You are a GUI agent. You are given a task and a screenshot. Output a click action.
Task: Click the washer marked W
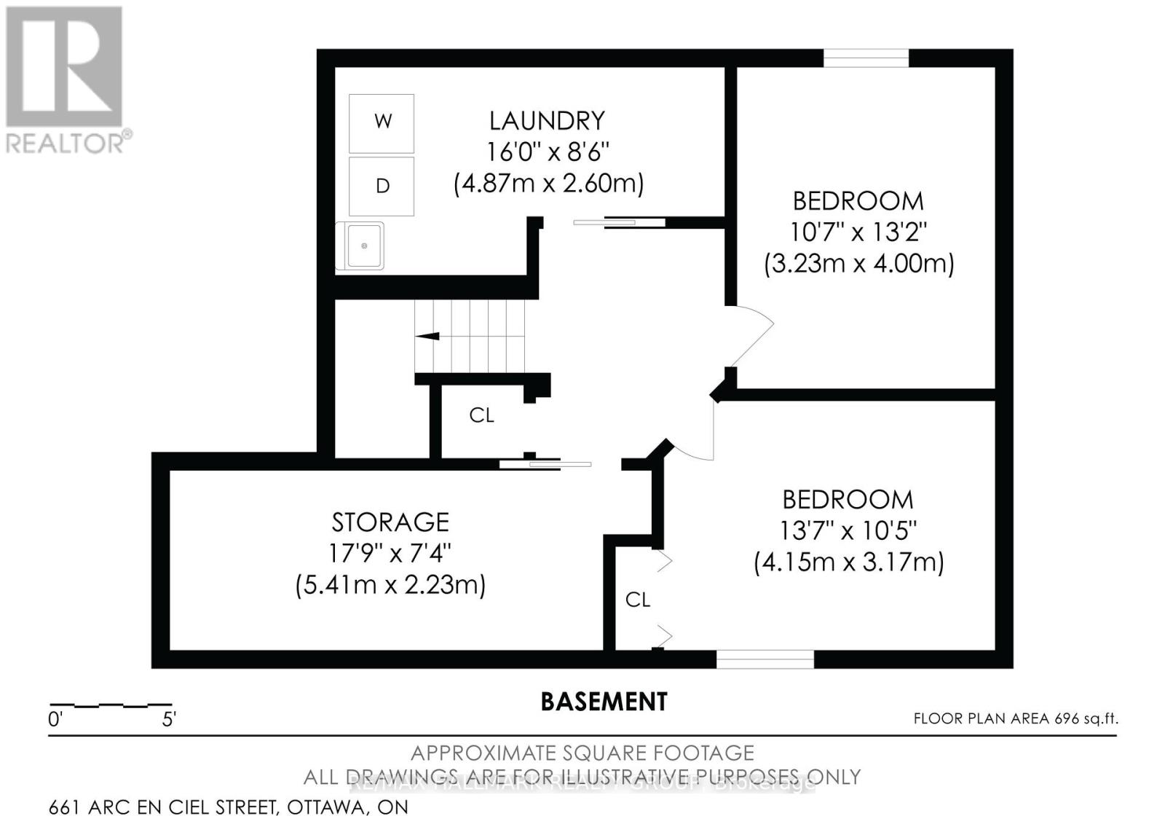pyautogui.click(x=382, y=122)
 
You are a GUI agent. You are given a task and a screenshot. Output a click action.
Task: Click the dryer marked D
pyautogui.click(x=382, y=186)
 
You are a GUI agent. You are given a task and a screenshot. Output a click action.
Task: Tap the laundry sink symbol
pyautogui.click(x=362, y=246)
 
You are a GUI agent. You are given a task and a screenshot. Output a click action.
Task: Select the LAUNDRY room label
pyautogui.click(x=547, y=120)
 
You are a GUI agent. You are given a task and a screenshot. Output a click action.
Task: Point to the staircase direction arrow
pyautogui.click(x=427, y=336)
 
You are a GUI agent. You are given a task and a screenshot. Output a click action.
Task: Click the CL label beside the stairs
pyautogui.click(x=481, y=415)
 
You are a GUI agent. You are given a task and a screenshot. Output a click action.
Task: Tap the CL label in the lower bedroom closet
pyautogui.click(x=637, y=600)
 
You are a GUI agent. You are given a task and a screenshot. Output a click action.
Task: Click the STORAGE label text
pyautogui.click(x=390, y=522)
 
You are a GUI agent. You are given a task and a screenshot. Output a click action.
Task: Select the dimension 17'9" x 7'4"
pyautogui.click(x=390, y=554)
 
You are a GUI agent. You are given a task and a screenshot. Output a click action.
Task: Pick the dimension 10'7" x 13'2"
pyautogui.click(x=858, y=232)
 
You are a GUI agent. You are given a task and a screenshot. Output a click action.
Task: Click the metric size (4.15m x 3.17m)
pyautogui.click(x=848, y=562)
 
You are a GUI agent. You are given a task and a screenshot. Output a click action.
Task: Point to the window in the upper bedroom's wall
pyautogui.click(x=866, y=58)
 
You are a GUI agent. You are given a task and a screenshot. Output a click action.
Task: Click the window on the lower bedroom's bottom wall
pyautogui.click(x=765, y=659)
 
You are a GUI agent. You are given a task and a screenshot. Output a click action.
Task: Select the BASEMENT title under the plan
pyautogui.click(x=604, y=702)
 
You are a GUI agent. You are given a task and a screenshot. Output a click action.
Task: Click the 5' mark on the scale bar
pyautogui.click(x=169, y=720)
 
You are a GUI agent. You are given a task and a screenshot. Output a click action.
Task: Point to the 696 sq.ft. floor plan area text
pyautogui.click(x=1015, y=718)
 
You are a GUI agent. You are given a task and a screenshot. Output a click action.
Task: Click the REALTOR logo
pyautogui.click(x=66, y=80)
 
